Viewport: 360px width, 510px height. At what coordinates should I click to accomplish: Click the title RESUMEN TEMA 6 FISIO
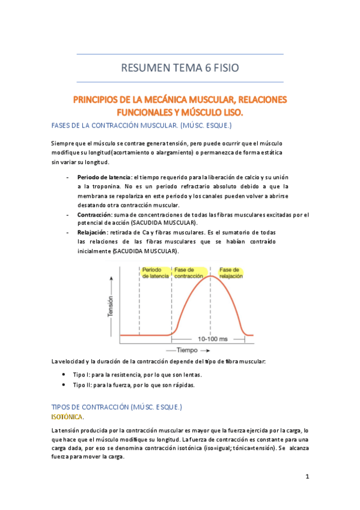(180, 69)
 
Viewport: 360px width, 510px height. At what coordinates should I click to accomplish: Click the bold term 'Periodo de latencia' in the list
(104, 177)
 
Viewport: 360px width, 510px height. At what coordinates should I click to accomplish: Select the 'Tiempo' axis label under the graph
(191, 349)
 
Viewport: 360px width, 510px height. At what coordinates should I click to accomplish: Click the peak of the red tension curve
(210, 276)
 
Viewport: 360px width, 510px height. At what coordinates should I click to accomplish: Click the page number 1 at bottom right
(307, 477)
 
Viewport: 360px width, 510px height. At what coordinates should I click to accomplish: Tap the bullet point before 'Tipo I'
(64, 374)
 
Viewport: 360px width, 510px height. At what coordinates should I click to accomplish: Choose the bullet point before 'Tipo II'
(64, 384)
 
